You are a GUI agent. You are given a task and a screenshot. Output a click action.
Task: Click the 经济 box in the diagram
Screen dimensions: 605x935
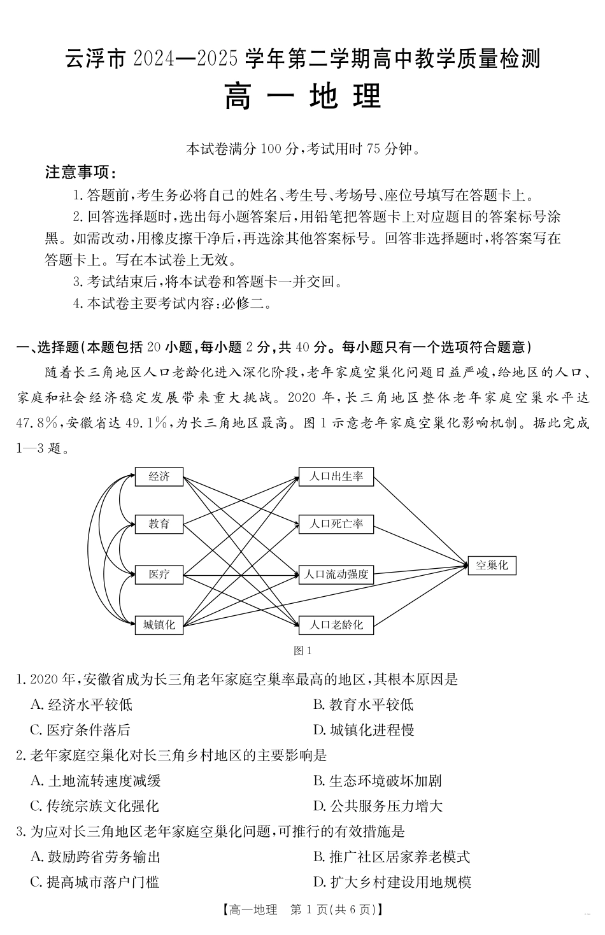click(x=159, y=476)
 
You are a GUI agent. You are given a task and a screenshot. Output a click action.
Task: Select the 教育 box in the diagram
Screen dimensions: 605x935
click(x=159, y=524)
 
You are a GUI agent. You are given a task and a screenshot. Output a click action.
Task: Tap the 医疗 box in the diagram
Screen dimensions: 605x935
click(x=159, y=575)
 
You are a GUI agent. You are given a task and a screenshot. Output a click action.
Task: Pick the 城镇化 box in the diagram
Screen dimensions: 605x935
click(x=159, y=625)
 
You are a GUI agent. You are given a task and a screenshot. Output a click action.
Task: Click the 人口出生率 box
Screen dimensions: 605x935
click(x=336, y=476)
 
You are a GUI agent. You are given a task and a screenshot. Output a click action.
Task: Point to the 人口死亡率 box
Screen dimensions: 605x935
click(x=336, y=524)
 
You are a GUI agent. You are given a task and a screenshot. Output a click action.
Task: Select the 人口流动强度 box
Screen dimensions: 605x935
click(x=336, y=575)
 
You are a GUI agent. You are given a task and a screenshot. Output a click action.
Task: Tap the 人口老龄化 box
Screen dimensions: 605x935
click(x=336, y=625)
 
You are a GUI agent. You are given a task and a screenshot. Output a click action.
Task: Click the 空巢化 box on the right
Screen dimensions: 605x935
click(x=492, y=565)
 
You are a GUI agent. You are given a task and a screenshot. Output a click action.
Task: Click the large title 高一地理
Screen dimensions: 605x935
click(x=302, y=97)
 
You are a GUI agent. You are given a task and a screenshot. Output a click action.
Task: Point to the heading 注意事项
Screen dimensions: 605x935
click(x=80, y=172)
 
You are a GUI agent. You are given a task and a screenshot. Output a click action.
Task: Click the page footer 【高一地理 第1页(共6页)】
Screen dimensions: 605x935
click(x=302, y=910)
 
